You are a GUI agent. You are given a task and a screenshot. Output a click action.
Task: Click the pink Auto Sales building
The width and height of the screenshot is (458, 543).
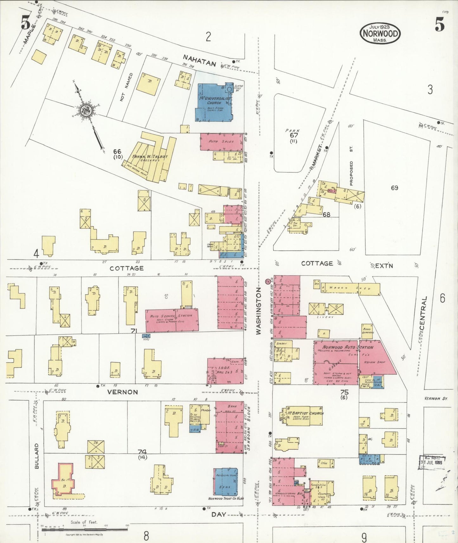coord(222,142)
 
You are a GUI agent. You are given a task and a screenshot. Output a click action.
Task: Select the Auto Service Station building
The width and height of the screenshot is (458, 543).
coord(172,320)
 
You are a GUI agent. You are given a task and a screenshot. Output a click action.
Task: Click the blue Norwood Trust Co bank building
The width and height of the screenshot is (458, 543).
coord(226,482)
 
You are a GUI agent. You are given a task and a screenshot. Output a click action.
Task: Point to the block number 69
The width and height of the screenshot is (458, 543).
coord(394,188)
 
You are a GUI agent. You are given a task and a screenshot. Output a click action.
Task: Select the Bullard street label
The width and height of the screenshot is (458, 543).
coord(36,456)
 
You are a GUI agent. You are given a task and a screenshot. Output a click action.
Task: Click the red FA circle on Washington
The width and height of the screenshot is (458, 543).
coord(268,281)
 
